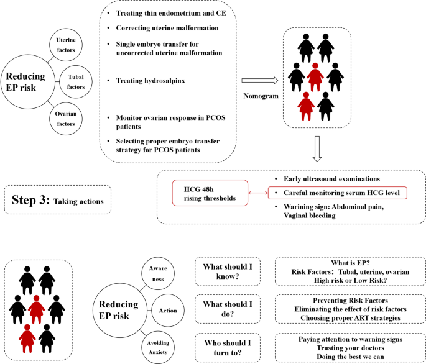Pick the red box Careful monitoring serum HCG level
click(337, 193)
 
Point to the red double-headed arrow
click(257, 193)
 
